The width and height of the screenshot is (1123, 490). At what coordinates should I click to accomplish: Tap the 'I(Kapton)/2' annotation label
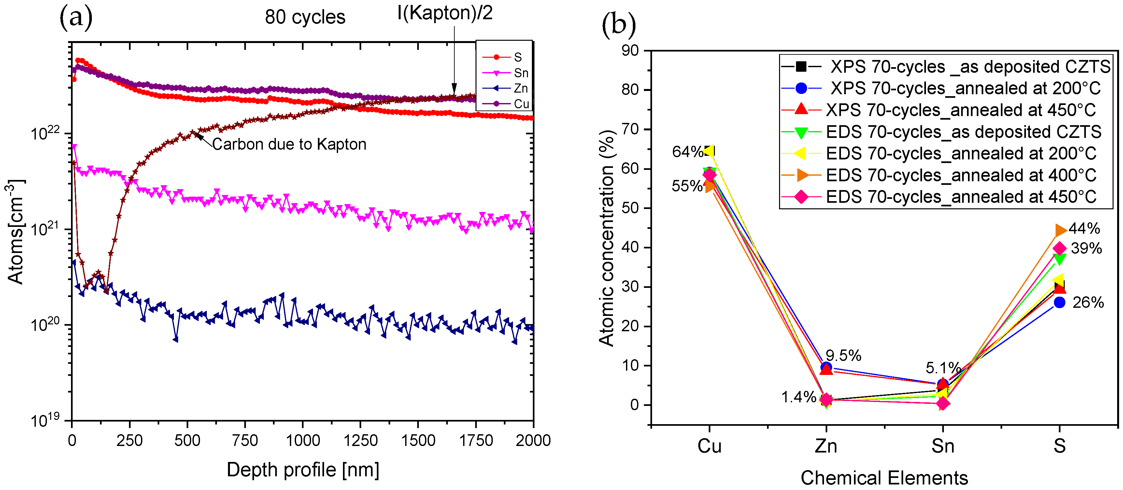[444, 13]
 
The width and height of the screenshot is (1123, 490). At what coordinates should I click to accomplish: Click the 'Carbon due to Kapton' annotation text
[289, 144]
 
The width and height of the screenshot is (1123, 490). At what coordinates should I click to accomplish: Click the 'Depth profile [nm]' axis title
[303, 470]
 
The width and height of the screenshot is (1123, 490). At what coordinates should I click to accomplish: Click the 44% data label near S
[1084, 228]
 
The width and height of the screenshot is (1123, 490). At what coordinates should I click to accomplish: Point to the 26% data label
[1088, 302]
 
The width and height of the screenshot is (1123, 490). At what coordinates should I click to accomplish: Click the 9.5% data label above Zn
[843, 356]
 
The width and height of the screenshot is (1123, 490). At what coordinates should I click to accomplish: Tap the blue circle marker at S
[1059, 302]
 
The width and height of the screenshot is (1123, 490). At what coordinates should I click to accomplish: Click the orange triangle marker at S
[1060, 230]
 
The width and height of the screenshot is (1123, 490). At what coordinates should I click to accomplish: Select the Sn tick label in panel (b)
[943, 446]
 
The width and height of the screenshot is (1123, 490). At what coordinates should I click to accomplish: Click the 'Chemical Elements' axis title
[884, 478]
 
